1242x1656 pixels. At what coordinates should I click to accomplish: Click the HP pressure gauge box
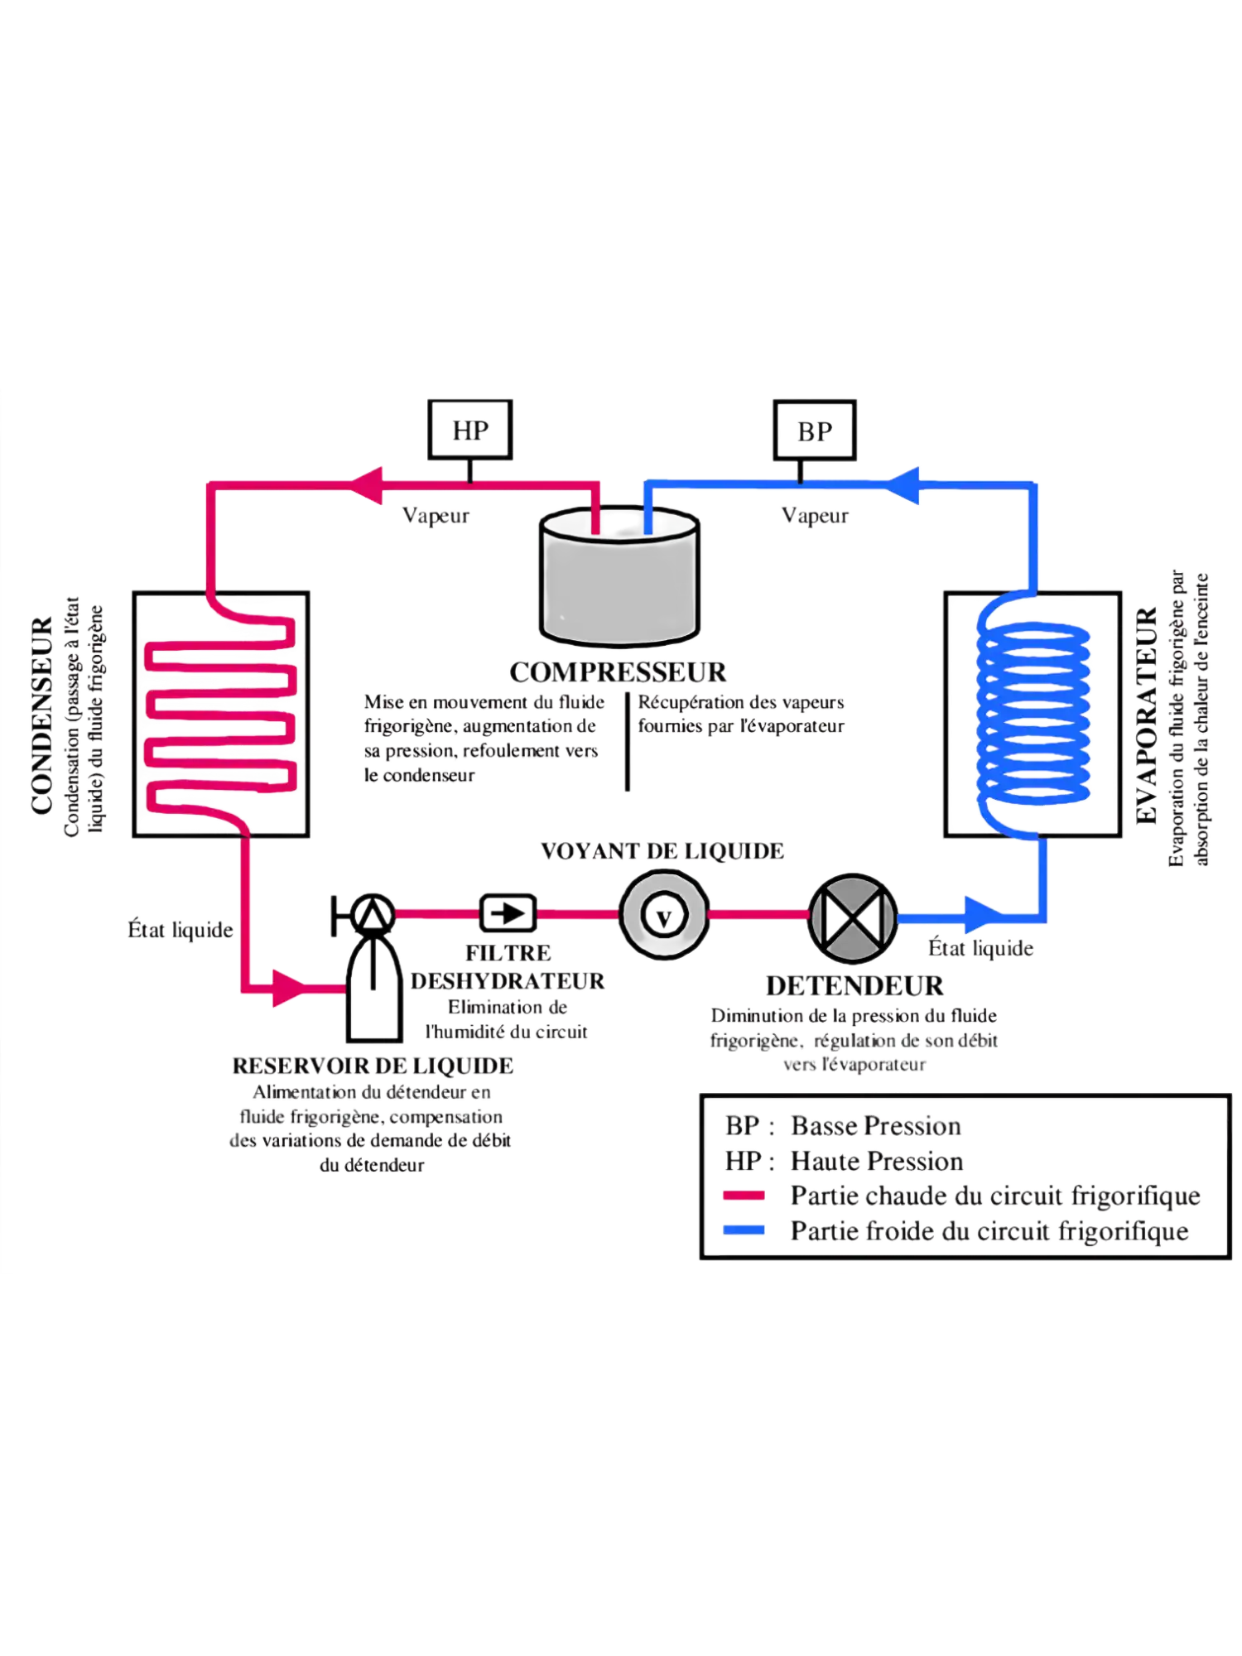[x=470, y=429]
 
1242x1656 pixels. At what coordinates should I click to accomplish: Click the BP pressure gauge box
[x=815, y=429]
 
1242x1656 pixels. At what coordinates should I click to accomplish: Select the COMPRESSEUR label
[x=619, y=672]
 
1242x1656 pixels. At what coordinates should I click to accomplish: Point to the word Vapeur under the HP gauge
[x=436, y=516]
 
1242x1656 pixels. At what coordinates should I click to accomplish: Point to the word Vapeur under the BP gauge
[x=816, y=516]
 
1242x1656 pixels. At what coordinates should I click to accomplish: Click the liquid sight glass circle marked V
[x=663, y=915]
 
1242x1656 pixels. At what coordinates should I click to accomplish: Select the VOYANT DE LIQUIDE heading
[x=662, y=851]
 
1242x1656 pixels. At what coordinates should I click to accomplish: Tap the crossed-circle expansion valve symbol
[x=853, y=917]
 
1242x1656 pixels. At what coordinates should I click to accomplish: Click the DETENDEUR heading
[x=854, y=986]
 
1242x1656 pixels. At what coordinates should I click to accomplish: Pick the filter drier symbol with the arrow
[x=508, y=913]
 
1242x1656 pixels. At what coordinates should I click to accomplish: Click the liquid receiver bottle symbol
[x=373, y=985]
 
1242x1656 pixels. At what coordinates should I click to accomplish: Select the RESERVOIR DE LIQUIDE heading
[x=373, y=1066]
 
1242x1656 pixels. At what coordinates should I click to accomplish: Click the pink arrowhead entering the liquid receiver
[x=294, y=988]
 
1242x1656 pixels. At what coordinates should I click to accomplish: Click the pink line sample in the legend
[x=744, y=1196]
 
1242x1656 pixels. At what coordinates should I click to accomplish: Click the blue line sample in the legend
[x=744, y=1230]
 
